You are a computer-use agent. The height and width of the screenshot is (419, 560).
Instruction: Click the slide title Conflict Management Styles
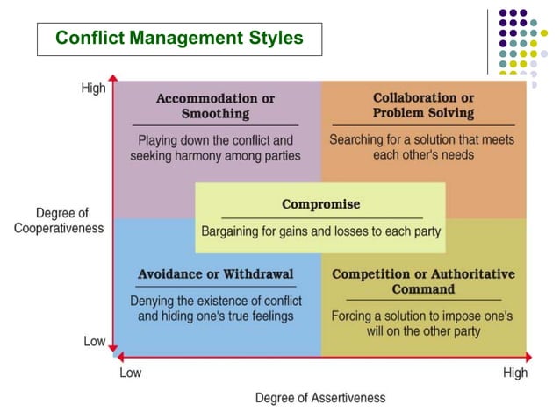[179, 39]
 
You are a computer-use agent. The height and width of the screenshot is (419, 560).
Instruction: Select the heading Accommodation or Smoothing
[215, 106]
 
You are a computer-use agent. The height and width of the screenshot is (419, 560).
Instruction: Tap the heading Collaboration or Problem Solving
[423, 105]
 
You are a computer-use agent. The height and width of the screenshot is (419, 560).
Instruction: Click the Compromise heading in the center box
[320, 204]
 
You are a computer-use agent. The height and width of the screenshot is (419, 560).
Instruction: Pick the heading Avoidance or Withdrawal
[215, 274]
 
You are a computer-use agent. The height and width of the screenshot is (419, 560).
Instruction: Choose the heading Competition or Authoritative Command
[423, 281]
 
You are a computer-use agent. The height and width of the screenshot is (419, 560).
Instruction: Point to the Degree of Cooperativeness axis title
[58, 220]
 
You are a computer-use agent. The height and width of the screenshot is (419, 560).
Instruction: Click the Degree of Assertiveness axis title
[320, 398]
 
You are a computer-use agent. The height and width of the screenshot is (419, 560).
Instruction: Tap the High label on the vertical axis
[93, 89]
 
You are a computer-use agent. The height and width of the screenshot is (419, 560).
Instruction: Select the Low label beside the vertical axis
[95, 341]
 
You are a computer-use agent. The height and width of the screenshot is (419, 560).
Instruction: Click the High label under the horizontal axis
[515, 373]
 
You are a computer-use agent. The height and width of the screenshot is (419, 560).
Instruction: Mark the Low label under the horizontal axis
[130, 373]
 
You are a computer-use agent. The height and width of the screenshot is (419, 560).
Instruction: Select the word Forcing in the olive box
[352, 316]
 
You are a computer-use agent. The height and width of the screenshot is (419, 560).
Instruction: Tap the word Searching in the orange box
[356, 139]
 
